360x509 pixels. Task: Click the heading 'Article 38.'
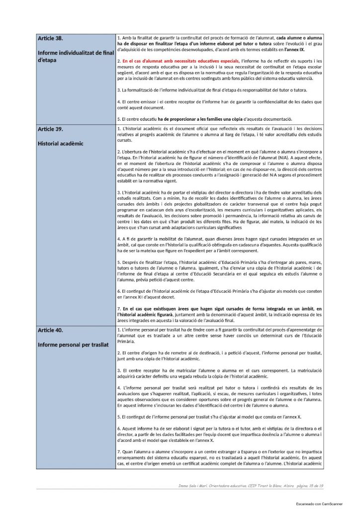[50, 38]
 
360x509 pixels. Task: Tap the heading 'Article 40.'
[50, 330]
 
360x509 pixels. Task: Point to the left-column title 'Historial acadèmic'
[61, 144]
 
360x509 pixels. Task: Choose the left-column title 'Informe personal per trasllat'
[73, 344]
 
